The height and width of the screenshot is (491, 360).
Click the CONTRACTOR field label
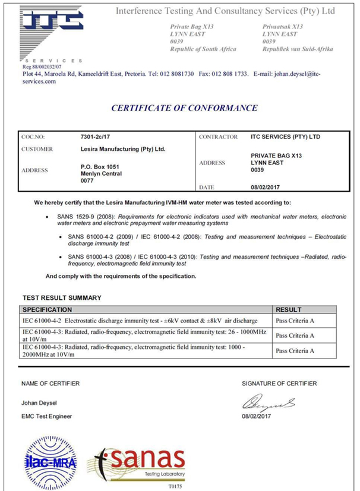(x=219, y=137)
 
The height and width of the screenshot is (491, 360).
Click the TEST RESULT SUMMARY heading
(x=62, y=297)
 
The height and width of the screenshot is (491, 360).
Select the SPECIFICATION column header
(x=48, y=309)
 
